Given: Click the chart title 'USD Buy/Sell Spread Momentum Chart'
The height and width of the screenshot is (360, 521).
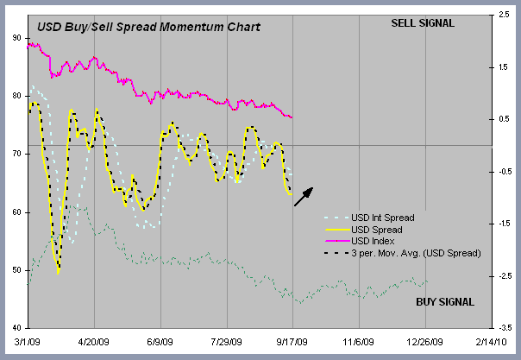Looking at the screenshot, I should [x=148, y=27].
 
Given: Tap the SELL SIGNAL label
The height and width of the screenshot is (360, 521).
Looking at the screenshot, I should [x=423, y=22].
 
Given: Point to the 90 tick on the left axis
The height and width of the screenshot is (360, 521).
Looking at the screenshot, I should [x=17, y=37].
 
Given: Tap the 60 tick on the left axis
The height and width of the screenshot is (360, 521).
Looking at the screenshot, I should [x=17, y=212].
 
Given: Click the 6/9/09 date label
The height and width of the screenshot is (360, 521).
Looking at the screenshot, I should [x=161, y=342].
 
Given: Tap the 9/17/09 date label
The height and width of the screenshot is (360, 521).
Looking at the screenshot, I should [x=293, y=342].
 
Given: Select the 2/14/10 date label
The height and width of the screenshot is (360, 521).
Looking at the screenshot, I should [x=493, y=342].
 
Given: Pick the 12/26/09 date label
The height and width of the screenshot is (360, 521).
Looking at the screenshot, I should [x=426, y=342].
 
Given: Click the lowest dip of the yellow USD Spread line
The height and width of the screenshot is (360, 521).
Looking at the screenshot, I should [x=59, y=272].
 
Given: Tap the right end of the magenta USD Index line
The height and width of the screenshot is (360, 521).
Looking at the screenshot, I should [x=292, y=117].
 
